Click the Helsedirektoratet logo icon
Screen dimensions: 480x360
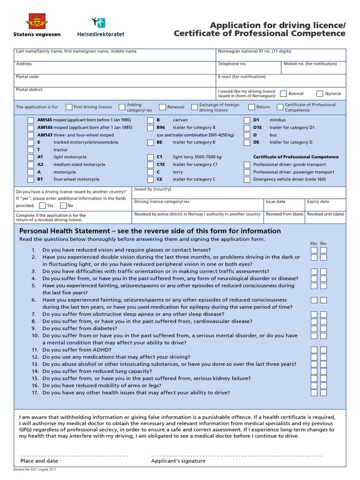click(99, 22)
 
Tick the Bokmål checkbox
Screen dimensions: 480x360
click(284, 94)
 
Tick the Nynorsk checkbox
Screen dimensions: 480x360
click(320, 94)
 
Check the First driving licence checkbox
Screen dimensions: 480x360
click(69, 107)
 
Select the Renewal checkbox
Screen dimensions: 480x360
click(163, 107)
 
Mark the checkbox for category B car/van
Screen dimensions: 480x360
click(150, 120)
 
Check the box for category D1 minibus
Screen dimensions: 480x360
click(247, 120)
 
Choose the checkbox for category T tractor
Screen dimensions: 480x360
click(31, 150)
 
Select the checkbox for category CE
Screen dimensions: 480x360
click(150, 179)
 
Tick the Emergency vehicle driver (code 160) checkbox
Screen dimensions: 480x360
click(247, 179)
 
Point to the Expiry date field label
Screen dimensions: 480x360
click(318, 202)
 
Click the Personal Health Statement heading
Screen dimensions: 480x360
click(150, 231)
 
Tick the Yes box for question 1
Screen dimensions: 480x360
click(314, 250)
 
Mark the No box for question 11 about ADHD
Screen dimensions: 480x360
click(323, 350)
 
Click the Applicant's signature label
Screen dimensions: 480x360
click(178, 461)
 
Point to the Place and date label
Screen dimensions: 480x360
click(39, 461)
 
